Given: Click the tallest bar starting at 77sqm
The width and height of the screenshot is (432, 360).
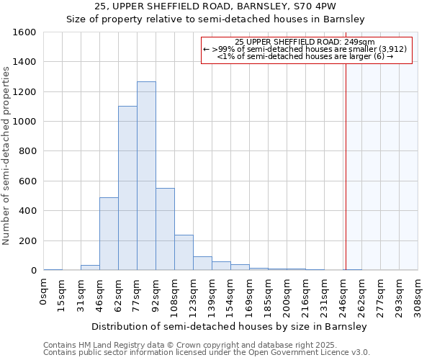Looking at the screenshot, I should [x=146, y=176].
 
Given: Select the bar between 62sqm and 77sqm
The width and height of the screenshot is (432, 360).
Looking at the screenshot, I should [x=127, y=188].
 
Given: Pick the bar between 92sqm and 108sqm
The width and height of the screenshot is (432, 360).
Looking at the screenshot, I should [x=165, y=229].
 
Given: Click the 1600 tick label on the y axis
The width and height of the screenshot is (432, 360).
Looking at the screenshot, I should [x=24, y=32].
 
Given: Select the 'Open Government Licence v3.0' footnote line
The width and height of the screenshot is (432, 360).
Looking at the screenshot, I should [x=206, y=353].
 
